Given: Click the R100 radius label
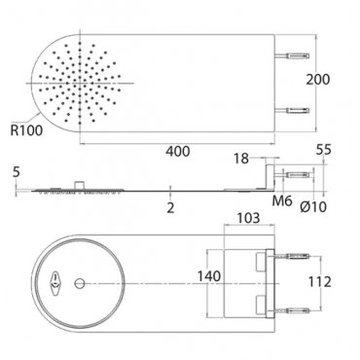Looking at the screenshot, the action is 26,130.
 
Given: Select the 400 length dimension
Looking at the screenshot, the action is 178,152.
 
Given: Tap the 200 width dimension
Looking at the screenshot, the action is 318,80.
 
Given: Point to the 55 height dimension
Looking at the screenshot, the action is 324,150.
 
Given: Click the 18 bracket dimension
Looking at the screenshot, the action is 241,159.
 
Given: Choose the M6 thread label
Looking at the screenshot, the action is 282,201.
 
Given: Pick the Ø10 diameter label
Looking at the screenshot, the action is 313,206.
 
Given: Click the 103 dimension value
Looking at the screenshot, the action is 248,218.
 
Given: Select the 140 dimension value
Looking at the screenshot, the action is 209,276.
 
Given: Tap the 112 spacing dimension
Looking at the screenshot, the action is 319,282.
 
